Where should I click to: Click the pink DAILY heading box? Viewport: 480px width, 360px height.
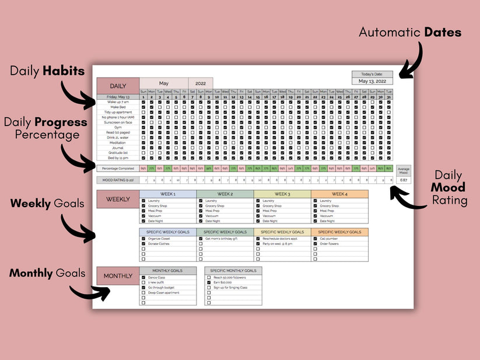click(x=118, y=86)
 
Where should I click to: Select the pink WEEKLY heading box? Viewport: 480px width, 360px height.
click(x=118, y=199)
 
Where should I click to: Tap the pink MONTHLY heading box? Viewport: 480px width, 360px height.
click(x=118, y=275)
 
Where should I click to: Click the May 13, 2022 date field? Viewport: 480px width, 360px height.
click(x=372, y=82)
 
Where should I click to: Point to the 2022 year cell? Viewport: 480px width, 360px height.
click(x=201, y=83)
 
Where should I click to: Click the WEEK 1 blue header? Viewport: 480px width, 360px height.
click(x=168, y=194)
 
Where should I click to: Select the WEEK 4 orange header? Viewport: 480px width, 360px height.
click(x=339, y=194)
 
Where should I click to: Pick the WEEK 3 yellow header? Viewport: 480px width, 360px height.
click(x=282, y=194)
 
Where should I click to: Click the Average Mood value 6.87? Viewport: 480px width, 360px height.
click(x=403, y=180)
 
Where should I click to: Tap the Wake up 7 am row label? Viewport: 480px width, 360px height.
click(x=118, y=102)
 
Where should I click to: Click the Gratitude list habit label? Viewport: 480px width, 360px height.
click(x=118, y=152)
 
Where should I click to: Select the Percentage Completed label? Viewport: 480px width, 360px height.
click(x=118, y=168)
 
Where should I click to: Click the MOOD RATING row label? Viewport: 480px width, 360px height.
click(x=118, y=180)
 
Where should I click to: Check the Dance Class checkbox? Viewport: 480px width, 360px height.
click(x=143, y=278)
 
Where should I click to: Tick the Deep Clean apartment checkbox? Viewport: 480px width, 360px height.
click(x=143, y=293)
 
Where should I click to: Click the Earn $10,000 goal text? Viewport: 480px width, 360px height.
click(x=223, y=282)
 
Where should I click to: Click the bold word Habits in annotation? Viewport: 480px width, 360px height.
click(x=64, y=71)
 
